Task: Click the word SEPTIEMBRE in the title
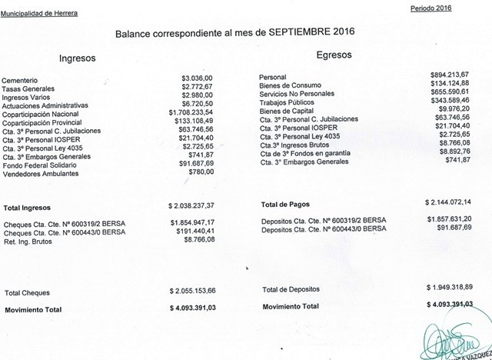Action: coord(297,34)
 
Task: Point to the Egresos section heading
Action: coord(333,55)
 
